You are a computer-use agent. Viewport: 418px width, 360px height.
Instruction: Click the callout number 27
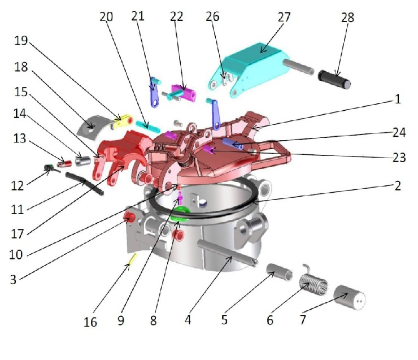[284, 18]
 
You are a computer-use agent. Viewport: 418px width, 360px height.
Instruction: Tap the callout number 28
[347, 18]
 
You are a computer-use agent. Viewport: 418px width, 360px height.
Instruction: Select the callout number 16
[90, 322]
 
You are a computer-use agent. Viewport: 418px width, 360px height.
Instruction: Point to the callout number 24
[399, 132]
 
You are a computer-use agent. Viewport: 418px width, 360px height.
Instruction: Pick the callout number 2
[398, 185]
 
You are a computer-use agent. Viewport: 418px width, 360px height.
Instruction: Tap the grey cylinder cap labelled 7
[349, 297]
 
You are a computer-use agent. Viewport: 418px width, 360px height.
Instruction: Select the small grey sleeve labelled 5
[280, 272]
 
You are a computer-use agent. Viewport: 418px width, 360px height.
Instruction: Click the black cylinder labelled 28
[334, 79]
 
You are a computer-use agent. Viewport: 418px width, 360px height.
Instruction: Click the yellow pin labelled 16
[133, 261]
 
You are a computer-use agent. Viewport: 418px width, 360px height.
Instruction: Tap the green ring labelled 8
[181, 214]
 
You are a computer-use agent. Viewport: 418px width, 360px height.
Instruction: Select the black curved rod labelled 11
[85, 184]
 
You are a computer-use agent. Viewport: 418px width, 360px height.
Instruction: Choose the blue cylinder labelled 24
[233, 144]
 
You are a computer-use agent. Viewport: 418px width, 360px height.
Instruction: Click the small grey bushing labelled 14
[83, 161]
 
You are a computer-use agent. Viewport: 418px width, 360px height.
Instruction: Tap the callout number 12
[18, 186]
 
